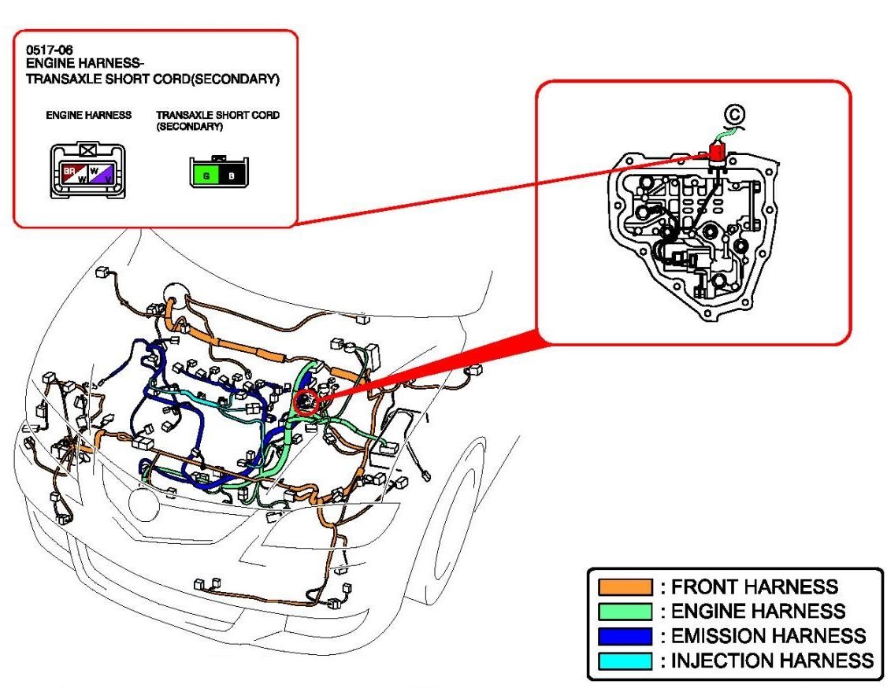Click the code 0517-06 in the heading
click(44, 50)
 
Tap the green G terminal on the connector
click(206, 175)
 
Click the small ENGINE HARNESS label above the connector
click(88, 115)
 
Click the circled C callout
click(735, 115)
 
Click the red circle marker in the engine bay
click(306, 401)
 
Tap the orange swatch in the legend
click(625, 587)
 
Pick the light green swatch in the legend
click(625, 612)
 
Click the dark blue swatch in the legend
click(625, 636)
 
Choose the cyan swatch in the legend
click(625, 660)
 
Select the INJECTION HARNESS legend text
click(771, 660)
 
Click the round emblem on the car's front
click(144, 504)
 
